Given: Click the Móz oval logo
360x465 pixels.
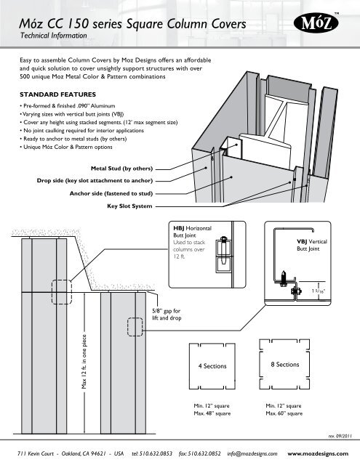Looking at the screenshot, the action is click(316, 23).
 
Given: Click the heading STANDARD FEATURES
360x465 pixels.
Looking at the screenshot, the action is click(58, 94).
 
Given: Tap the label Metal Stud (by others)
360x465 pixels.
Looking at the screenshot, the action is click(121, 169).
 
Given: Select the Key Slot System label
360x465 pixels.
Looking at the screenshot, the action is click(129, 206).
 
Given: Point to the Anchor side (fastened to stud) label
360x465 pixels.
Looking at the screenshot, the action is click(111, 193).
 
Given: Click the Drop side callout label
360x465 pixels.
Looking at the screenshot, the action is click(95, 181).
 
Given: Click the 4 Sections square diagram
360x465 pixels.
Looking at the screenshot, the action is click(212, 366).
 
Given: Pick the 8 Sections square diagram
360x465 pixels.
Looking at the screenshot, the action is click(284, 365).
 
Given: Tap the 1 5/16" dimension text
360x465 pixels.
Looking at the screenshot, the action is click(318, 291).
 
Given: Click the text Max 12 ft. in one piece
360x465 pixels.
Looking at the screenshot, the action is click(84, 362).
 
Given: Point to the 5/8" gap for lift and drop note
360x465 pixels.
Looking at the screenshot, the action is click(167, 315).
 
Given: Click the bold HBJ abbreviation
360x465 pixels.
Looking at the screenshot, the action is click(179, 228).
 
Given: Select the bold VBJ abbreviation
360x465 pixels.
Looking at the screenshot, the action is click(302, 242).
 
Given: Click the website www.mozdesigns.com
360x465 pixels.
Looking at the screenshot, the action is click(318, 453).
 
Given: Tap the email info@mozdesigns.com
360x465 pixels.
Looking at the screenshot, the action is click(252, 453).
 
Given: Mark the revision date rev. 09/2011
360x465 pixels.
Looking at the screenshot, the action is click(340, 436).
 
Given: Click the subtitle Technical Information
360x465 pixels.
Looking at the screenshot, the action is click(53, 36).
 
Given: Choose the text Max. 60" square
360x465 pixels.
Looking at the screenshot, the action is click(284, 413).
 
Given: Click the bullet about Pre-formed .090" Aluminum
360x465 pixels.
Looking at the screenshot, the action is click(68, 106).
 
